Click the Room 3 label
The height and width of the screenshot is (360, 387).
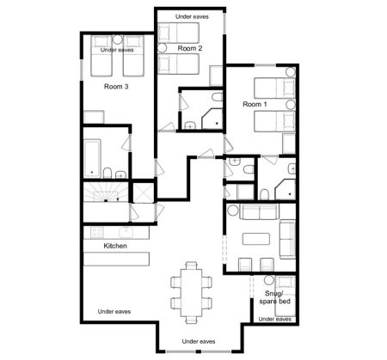(x=116, y=87)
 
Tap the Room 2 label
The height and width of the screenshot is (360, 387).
(x=190, y=48)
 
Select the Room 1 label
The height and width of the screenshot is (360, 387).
(x=255, y=104)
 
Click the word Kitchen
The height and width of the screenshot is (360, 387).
(x=115, y=246)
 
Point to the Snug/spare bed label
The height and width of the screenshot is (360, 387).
(x=274, y=297)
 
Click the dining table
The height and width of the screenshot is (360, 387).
(x=191, y=292)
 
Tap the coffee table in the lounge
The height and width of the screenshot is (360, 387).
(x=256, y=239)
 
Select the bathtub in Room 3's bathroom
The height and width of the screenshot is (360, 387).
(x=92, y=158)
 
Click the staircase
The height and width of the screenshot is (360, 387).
(x=106, y=192)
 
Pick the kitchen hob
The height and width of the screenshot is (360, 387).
(x=96, y=232)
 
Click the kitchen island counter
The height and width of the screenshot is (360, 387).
(x=116, y=259)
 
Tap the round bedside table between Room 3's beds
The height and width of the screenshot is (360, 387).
(x=117, y=40)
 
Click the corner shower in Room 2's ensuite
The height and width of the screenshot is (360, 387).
(x=212, y=119)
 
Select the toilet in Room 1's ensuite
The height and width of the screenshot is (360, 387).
(x=264, y=194)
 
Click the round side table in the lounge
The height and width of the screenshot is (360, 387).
(x=233, y=211)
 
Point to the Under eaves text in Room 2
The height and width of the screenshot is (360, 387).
(x=192, y=17)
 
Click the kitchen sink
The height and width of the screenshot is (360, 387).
(x=125, y=232)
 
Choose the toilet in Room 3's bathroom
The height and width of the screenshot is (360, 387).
(x=107, y=173)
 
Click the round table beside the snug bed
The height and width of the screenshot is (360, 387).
(x=269, y=280)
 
